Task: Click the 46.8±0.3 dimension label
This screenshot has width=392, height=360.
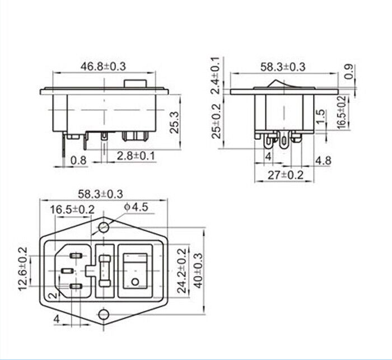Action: [104, 66]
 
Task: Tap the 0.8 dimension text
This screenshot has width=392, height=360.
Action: [79, 161]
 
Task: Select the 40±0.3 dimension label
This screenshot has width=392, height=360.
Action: [197, 269]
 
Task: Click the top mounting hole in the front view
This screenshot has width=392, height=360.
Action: [104, 227]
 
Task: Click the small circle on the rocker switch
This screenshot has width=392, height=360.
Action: [134, 281]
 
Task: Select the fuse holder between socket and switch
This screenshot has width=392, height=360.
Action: [105, 271]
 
